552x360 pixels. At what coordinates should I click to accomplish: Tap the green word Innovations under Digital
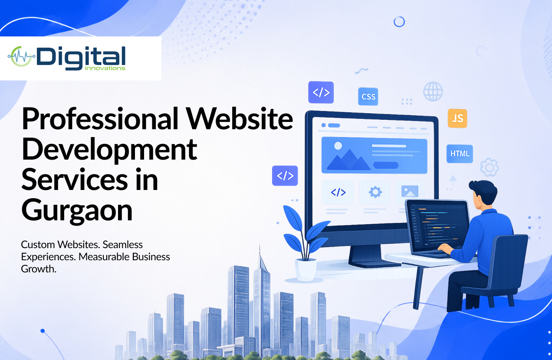(105, 68)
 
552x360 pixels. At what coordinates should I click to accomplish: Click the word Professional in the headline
(100, 119)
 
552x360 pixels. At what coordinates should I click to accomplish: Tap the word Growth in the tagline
(39, 269)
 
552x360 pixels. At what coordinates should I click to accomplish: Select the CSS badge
(368, 97)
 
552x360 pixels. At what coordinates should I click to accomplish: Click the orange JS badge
(457, 118)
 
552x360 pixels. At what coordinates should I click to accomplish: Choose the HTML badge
(460, 154)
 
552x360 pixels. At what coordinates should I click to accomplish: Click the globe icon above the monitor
(433, 92)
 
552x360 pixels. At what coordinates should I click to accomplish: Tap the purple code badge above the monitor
(321, 92)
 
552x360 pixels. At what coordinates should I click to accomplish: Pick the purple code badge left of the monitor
(285, 176)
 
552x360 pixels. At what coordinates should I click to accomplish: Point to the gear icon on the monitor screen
(375, 192)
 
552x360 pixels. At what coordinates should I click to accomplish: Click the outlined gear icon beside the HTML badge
(490, 167)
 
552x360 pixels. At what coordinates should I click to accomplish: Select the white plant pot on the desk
(306, 269)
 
